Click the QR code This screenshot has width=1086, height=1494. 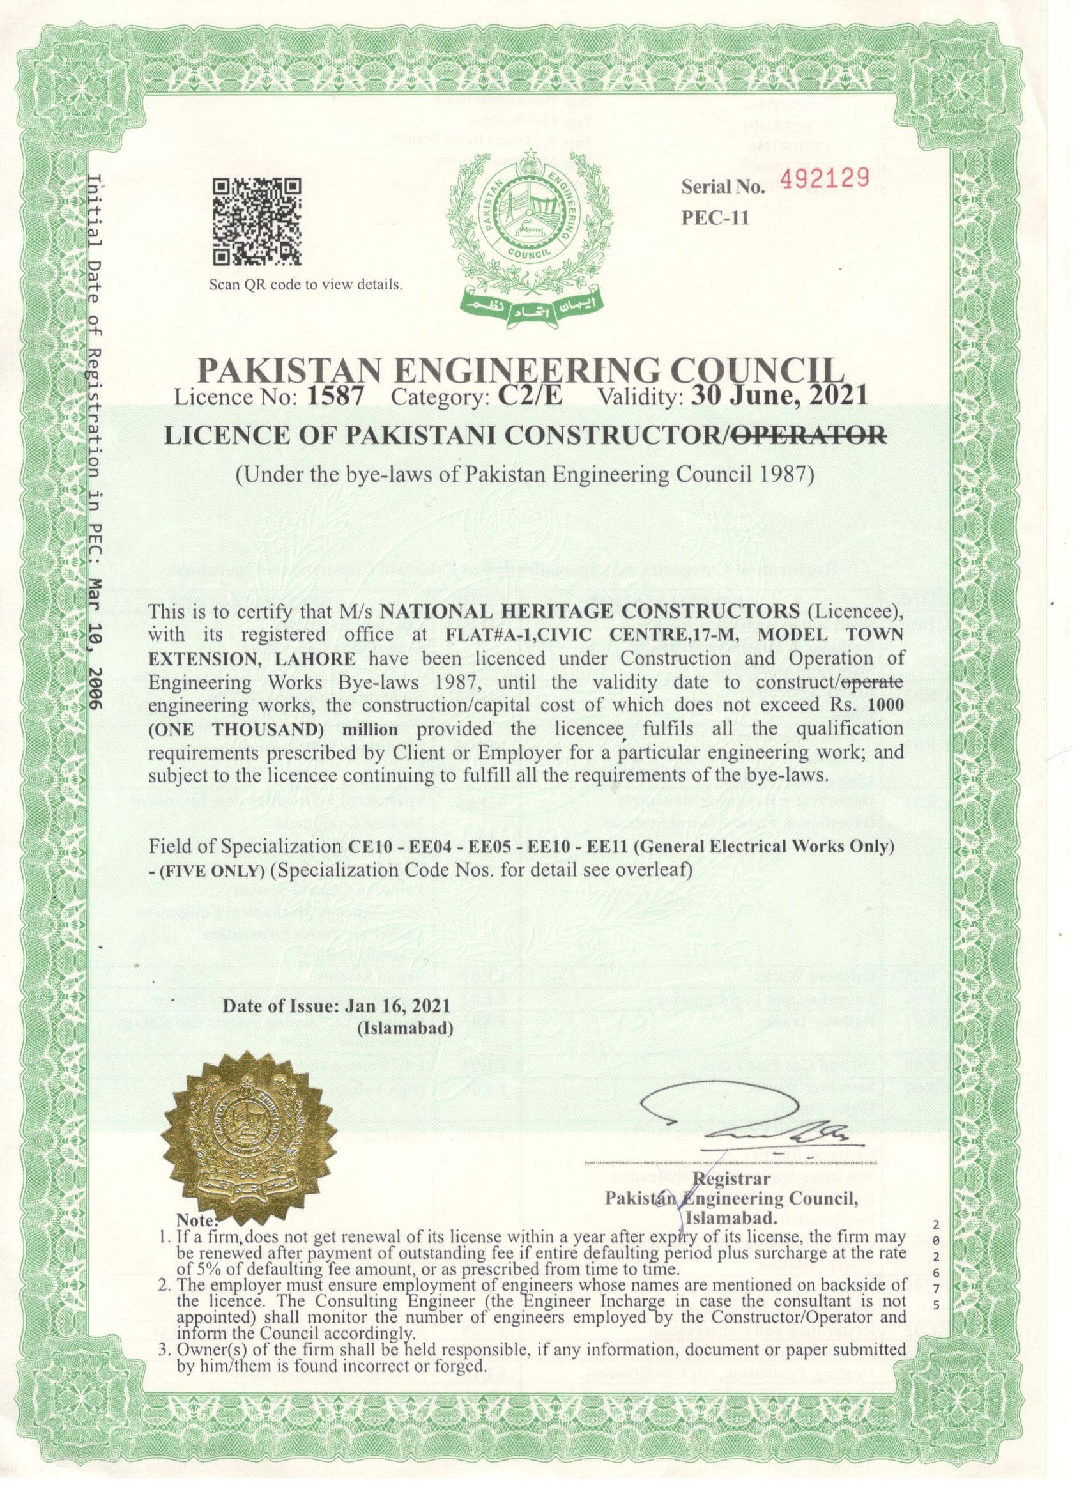(257, 221)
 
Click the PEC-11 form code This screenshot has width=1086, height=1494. (715, 218)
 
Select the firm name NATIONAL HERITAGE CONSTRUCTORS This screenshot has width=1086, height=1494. (590, 611)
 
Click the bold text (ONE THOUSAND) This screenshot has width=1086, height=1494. (241, 729)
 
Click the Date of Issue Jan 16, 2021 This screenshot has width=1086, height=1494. (337, 1006)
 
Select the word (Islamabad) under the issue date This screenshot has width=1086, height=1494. (404, 1028)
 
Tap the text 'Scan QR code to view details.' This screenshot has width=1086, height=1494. (305, 285)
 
